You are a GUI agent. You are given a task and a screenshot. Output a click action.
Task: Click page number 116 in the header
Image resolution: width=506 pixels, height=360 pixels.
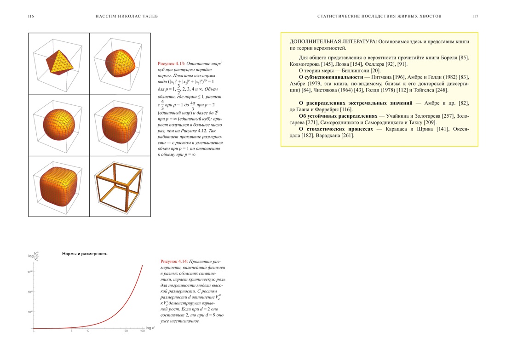coord(31,16)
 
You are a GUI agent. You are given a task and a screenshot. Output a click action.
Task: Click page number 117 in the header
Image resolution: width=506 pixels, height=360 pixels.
coord(475,16)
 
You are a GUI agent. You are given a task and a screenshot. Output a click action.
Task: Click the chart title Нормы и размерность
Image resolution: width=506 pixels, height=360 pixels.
coord(85,254)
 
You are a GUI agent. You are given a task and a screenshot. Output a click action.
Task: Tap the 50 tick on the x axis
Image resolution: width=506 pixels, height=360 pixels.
coord(126,331)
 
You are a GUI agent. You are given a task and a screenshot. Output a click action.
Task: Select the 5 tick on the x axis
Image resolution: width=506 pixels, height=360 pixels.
coord(71,331)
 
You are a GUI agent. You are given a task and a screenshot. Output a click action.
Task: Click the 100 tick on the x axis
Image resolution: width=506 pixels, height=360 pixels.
coord(142,331)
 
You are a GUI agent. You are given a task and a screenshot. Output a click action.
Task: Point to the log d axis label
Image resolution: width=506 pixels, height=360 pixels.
coord(150,328)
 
